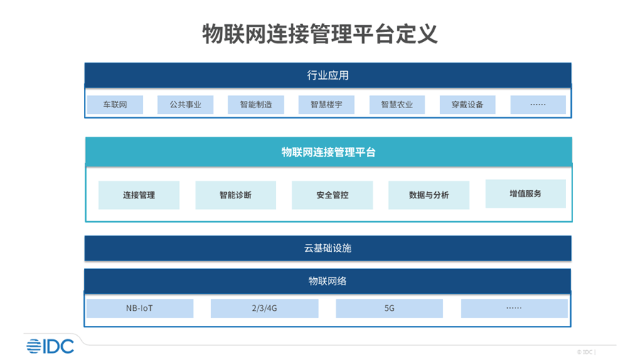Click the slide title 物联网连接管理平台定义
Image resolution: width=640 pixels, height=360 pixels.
[320, 33]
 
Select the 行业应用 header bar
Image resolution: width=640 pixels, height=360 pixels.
[328, 75]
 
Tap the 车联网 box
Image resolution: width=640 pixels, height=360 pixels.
[114, 105]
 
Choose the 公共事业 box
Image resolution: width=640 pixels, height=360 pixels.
[186, 105]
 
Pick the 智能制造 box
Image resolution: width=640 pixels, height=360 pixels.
[256, 105]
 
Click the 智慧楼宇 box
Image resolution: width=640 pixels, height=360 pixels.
[326, 105]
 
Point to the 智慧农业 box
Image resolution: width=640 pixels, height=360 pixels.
[397, 105]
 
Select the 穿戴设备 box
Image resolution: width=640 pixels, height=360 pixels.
[468, 105]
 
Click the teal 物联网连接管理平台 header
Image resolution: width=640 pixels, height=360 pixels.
[329, 152]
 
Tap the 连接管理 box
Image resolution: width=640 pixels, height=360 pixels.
[139, 195]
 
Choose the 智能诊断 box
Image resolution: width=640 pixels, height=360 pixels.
[235, 195]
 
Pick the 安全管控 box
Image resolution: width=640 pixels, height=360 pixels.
[332, 195]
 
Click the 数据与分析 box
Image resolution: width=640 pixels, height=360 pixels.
[429, 195]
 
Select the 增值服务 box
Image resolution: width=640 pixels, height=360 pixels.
[526, 194]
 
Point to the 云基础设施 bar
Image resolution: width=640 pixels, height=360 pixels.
[328, 248]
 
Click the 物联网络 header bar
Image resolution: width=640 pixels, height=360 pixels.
[328, 281]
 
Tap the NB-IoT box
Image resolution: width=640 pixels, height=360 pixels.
[139, 308]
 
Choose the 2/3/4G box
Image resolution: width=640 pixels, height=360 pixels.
[265, 308]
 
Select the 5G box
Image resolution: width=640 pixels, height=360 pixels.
[390, 308]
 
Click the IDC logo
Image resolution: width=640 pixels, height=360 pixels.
[50, 346]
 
